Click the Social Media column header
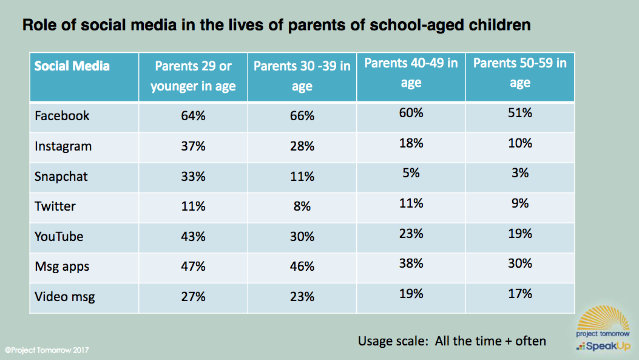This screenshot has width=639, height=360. (72, 66)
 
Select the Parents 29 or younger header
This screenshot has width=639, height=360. (193, 76)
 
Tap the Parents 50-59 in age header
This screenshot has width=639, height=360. (519, 73)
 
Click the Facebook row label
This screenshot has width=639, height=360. (62, 116)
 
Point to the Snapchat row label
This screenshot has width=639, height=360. (61, 176)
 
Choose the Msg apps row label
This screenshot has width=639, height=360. (63, 267)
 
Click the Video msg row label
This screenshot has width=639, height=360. (65, 297)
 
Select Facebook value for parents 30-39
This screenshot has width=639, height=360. (302, 116)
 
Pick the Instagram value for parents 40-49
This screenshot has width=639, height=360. (411, 143)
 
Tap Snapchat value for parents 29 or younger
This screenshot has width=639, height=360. (193, 176)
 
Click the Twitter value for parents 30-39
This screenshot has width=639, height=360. (302, 206)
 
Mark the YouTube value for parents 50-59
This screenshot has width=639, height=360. (520, 234)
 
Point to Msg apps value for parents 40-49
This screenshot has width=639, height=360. (411, 263)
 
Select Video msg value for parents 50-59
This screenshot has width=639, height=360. (520, 294)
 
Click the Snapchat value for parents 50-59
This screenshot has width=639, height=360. (520, 173)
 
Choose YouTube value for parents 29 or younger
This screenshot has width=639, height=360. (193, 236)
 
